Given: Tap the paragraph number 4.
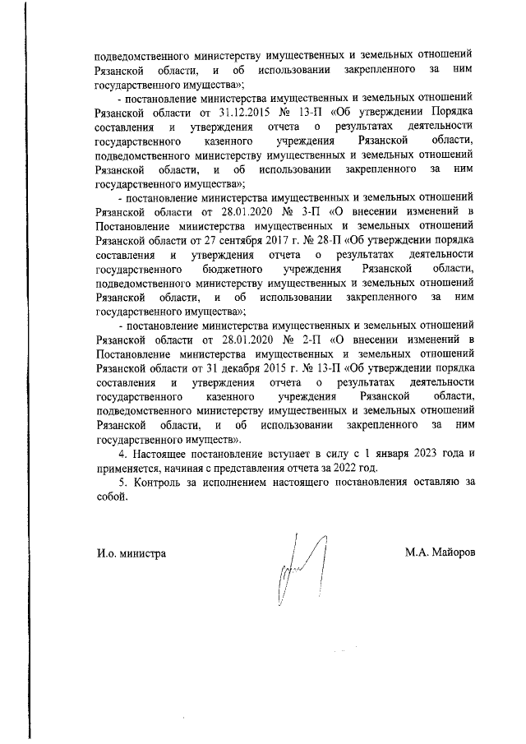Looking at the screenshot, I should pos(123,454).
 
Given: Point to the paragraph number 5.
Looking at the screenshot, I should pos(123,483).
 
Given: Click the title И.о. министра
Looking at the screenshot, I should pos(131,553).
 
